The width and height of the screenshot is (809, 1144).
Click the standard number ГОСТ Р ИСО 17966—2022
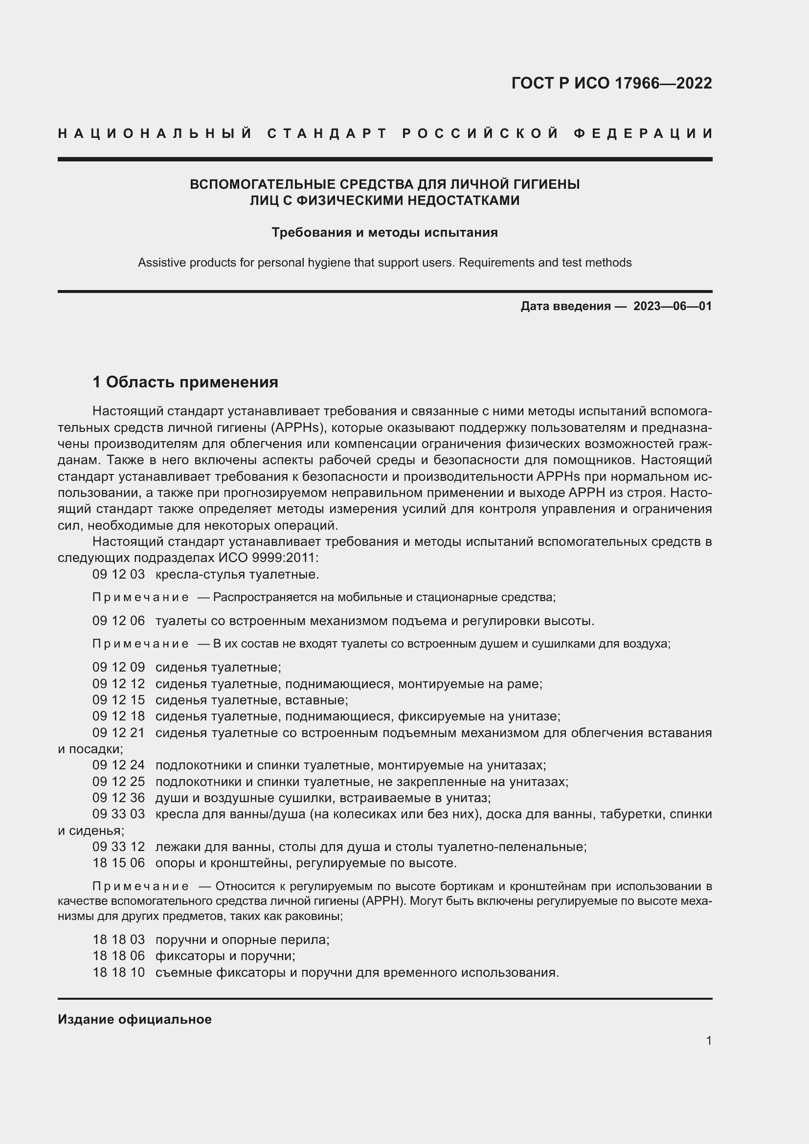coord(611,83)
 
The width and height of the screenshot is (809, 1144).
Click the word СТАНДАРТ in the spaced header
coord(327,134)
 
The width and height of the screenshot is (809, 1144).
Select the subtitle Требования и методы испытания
coord(384,233)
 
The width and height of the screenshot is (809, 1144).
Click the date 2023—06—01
coord(672,306)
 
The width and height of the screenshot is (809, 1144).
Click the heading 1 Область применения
coord(185,382)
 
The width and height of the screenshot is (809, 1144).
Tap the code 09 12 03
coord(118,575)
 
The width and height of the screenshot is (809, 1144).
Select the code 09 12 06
coord(118,621)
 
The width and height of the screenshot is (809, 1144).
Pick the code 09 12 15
coord(118,700)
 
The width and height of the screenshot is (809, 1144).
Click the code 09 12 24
coord(118,765)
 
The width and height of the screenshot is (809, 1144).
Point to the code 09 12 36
coord(118,798)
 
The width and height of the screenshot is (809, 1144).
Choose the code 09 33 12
coord(118,847)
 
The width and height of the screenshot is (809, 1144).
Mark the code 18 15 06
coord(118,862)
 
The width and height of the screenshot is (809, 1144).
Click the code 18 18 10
coord(118,972)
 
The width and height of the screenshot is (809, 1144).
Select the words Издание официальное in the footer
coord(135,1019)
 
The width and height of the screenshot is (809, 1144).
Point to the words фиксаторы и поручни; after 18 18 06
coord(225,956)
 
